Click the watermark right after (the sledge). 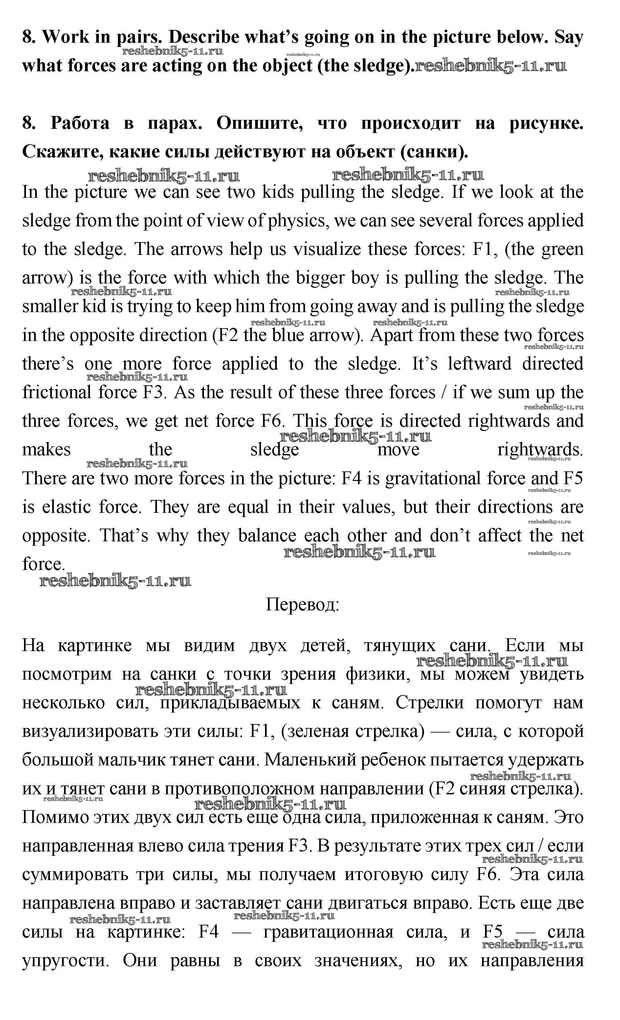click(x=491, y=66)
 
